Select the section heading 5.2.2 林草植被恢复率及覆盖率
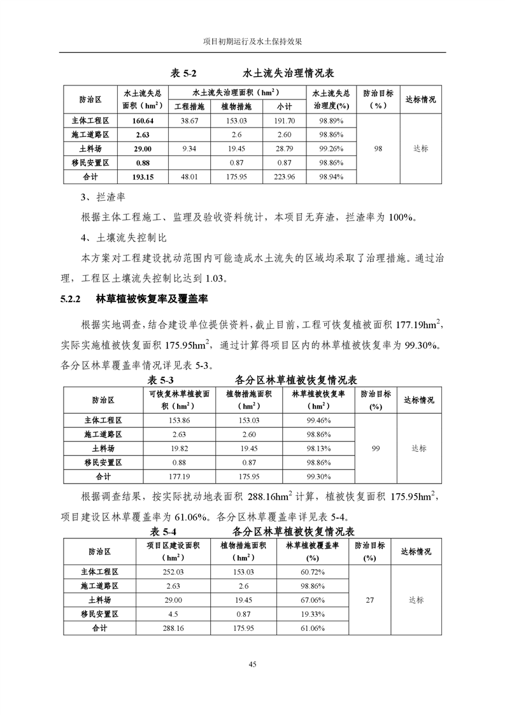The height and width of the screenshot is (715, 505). click(x=135, y=298)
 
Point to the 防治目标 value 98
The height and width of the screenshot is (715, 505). click(x=378, y=148)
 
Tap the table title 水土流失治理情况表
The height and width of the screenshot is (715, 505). click(x=288, y=73)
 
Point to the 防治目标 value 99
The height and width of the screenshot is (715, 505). click(x=375, y=449)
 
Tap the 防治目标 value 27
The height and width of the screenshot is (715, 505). click(x=370, y=600)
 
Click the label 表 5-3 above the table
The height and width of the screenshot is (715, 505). click(x=160, y=380)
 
